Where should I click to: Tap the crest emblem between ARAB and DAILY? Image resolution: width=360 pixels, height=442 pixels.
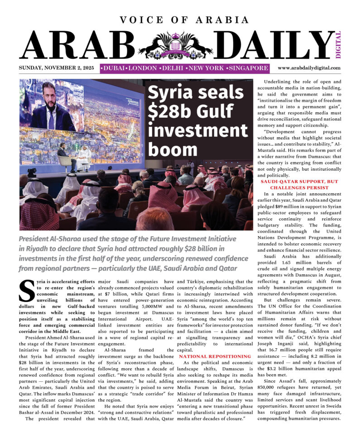point(175,45)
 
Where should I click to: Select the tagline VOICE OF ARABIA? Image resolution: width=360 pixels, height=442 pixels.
point(184,20)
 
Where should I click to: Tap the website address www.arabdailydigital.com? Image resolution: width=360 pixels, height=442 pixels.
point(309,68)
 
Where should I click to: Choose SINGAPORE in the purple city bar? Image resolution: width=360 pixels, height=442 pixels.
point(248,68)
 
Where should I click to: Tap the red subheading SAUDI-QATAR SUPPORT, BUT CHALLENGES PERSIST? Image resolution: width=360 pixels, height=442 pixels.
point(299,184)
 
